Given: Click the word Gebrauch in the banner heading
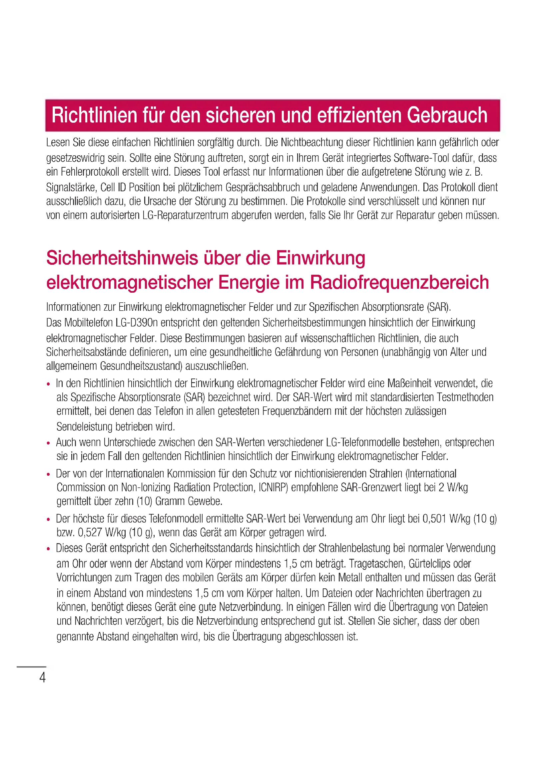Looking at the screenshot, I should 447,115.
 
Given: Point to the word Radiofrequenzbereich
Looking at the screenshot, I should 399,283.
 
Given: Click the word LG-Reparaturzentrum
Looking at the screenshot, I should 185,215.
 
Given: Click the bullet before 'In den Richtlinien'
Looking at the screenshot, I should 49,384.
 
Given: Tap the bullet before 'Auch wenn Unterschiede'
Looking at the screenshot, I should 49,443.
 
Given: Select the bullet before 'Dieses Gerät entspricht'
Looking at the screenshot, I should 49,549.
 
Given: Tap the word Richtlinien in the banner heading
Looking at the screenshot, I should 94,115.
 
